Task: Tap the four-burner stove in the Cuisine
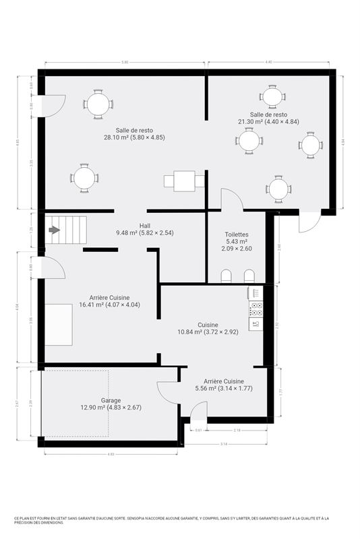click(256, 309)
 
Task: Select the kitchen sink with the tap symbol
click(256, 324)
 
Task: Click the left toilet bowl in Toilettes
click(227, 276)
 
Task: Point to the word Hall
click(145, 226)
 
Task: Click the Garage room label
click(111, 400)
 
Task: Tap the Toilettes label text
click(237, 234)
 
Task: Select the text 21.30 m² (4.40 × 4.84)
click(268, 122)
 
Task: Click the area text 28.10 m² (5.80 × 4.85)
click(134, 137)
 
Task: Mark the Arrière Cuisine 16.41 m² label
click(109, 305)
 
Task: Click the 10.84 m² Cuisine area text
click(208, 331)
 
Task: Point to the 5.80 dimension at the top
click(125, 63)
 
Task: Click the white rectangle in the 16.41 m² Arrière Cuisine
click(59, 323)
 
